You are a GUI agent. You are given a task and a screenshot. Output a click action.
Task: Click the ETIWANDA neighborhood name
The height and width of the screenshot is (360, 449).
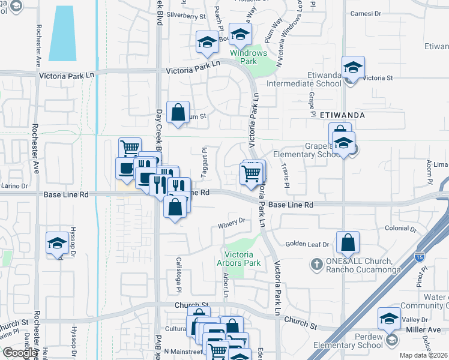coord(343,114)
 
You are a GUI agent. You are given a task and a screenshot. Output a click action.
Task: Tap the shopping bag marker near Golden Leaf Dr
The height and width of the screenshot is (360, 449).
coord(348,243)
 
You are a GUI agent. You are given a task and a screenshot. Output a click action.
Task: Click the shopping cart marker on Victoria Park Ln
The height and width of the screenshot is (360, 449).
coord(252,174)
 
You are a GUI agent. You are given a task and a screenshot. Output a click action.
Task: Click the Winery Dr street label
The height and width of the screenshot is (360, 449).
coord(234,222)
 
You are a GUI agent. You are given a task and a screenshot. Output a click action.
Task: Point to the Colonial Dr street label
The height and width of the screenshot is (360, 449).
coord(401,229)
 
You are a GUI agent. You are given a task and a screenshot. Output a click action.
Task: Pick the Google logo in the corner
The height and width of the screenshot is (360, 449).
coord(20,353)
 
